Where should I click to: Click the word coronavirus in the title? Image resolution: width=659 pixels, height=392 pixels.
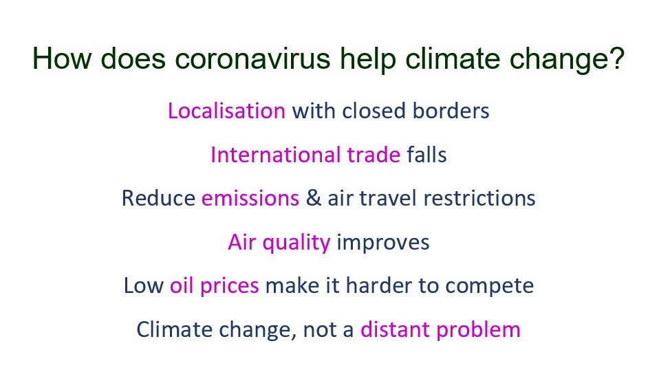click(252, 58)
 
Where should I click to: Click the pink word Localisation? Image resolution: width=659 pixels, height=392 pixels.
click(226, 111)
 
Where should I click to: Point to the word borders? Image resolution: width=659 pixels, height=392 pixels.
click(451, 111)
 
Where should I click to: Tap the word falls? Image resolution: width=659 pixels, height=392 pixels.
click(426, 154)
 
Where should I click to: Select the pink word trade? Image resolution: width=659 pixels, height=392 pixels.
click(374, 155)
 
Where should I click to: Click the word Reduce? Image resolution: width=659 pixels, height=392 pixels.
click(158, 198)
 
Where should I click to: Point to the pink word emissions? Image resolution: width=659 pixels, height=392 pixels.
click(250, 198)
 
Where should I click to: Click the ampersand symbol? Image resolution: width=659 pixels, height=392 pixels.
click(314, 198)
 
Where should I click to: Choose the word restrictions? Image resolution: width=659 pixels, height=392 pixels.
click(479, 198)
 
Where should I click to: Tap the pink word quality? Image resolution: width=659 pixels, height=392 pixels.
click(296, 243)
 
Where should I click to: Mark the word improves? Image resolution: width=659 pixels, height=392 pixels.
click(383, 243)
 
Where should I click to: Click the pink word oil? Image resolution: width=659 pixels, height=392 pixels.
click(182, 285)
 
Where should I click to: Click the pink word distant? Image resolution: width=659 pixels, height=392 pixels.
click(395, 329)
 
